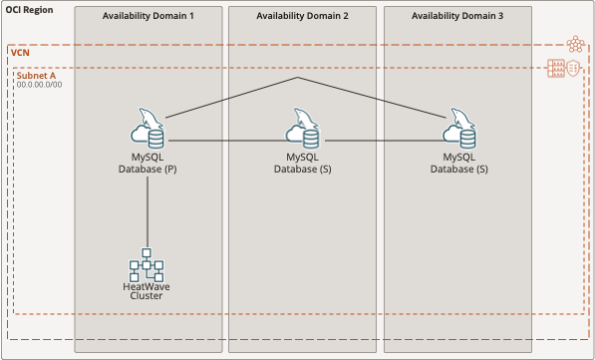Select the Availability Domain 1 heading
click(149, 18)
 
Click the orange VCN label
click(20, 52)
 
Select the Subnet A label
click(36, 75)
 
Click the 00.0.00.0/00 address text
click(40, 85)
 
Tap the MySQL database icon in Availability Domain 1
click(149, 131)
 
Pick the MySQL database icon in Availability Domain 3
click(457, 131)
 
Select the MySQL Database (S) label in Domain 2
click(303, 164)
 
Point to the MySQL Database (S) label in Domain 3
click(458, 164)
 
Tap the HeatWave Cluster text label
click(148, 290)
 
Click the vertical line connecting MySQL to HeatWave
click(148, 214)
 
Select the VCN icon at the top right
click(574, 45)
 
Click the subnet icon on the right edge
click(557, 69)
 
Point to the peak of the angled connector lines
click(297, 78)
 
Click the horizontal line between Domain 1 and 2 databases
click(224, 141)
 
